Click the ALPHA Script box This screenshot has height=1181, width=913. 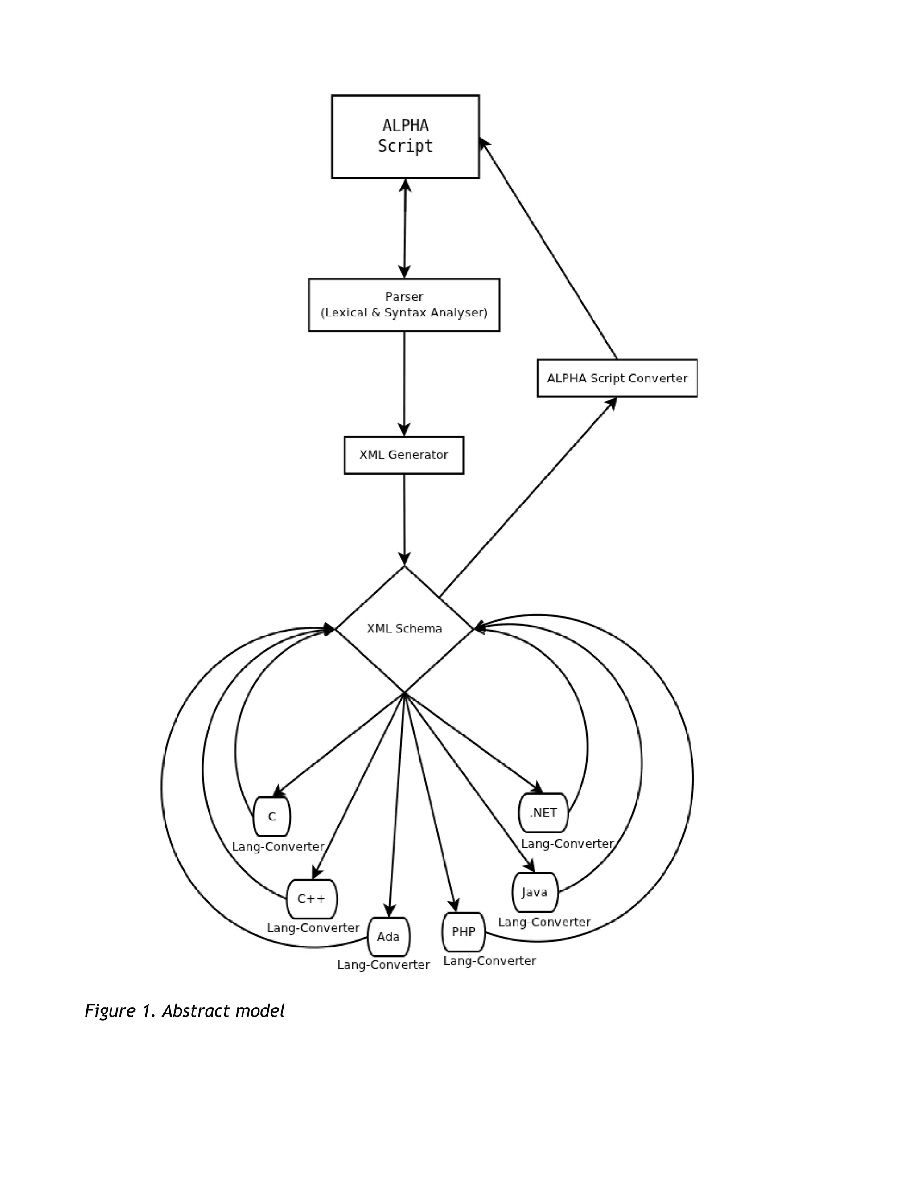[405, 136]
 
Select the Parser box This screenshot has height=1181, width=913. [403, 304]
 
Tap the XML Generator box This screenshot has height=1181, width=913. [403, 455]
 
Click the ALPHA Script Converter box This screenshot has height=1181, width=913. [617, 378]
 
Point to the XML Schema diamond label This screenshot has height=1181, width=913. [404, 628]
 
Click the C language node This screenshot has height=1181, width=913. [271, 816]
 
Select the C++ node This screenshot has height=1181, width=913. [312, 899]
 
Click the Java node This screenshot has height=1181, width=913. [535, 892]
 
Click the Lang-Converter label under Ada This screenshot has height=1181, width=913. [383, 965]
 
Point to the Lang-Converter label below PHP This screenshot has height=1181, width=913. [489, 961]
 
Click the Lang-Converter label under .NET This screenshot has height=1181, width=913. [567, 844]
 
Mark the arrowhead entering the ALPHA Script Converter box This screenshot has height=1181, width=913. [612, 402]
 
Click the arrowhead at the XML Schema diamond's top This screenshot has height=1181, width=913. [404, 558]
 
